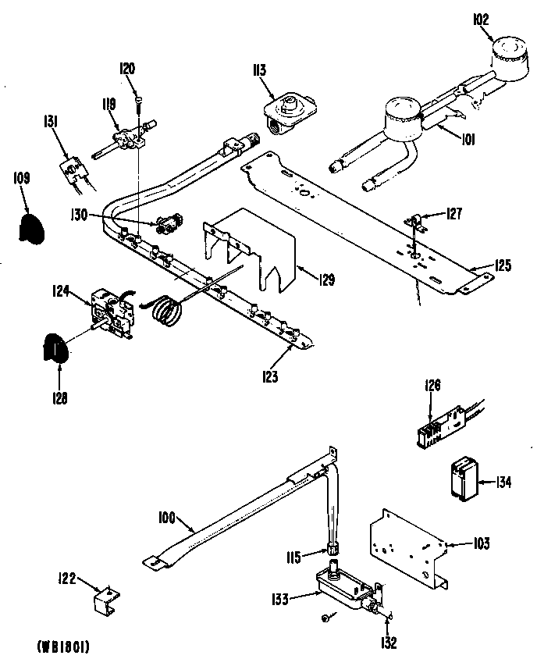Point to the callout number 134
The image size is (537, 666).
pyautogui.click(x=503, y=482)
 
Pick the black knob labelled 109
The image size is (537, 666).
pyautogui.click(x=32, y=227)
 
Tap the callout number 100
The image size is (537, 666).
pyautogui.click(x=166, y=516)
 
